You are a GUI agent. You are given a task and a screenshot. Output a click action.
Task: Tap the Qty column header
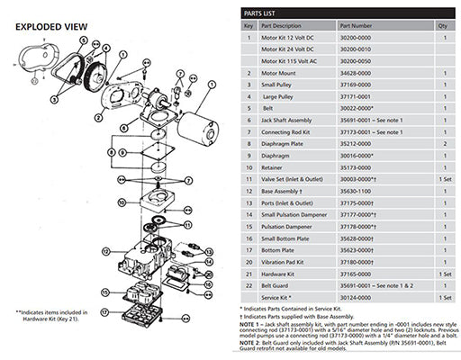[441, 27]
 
